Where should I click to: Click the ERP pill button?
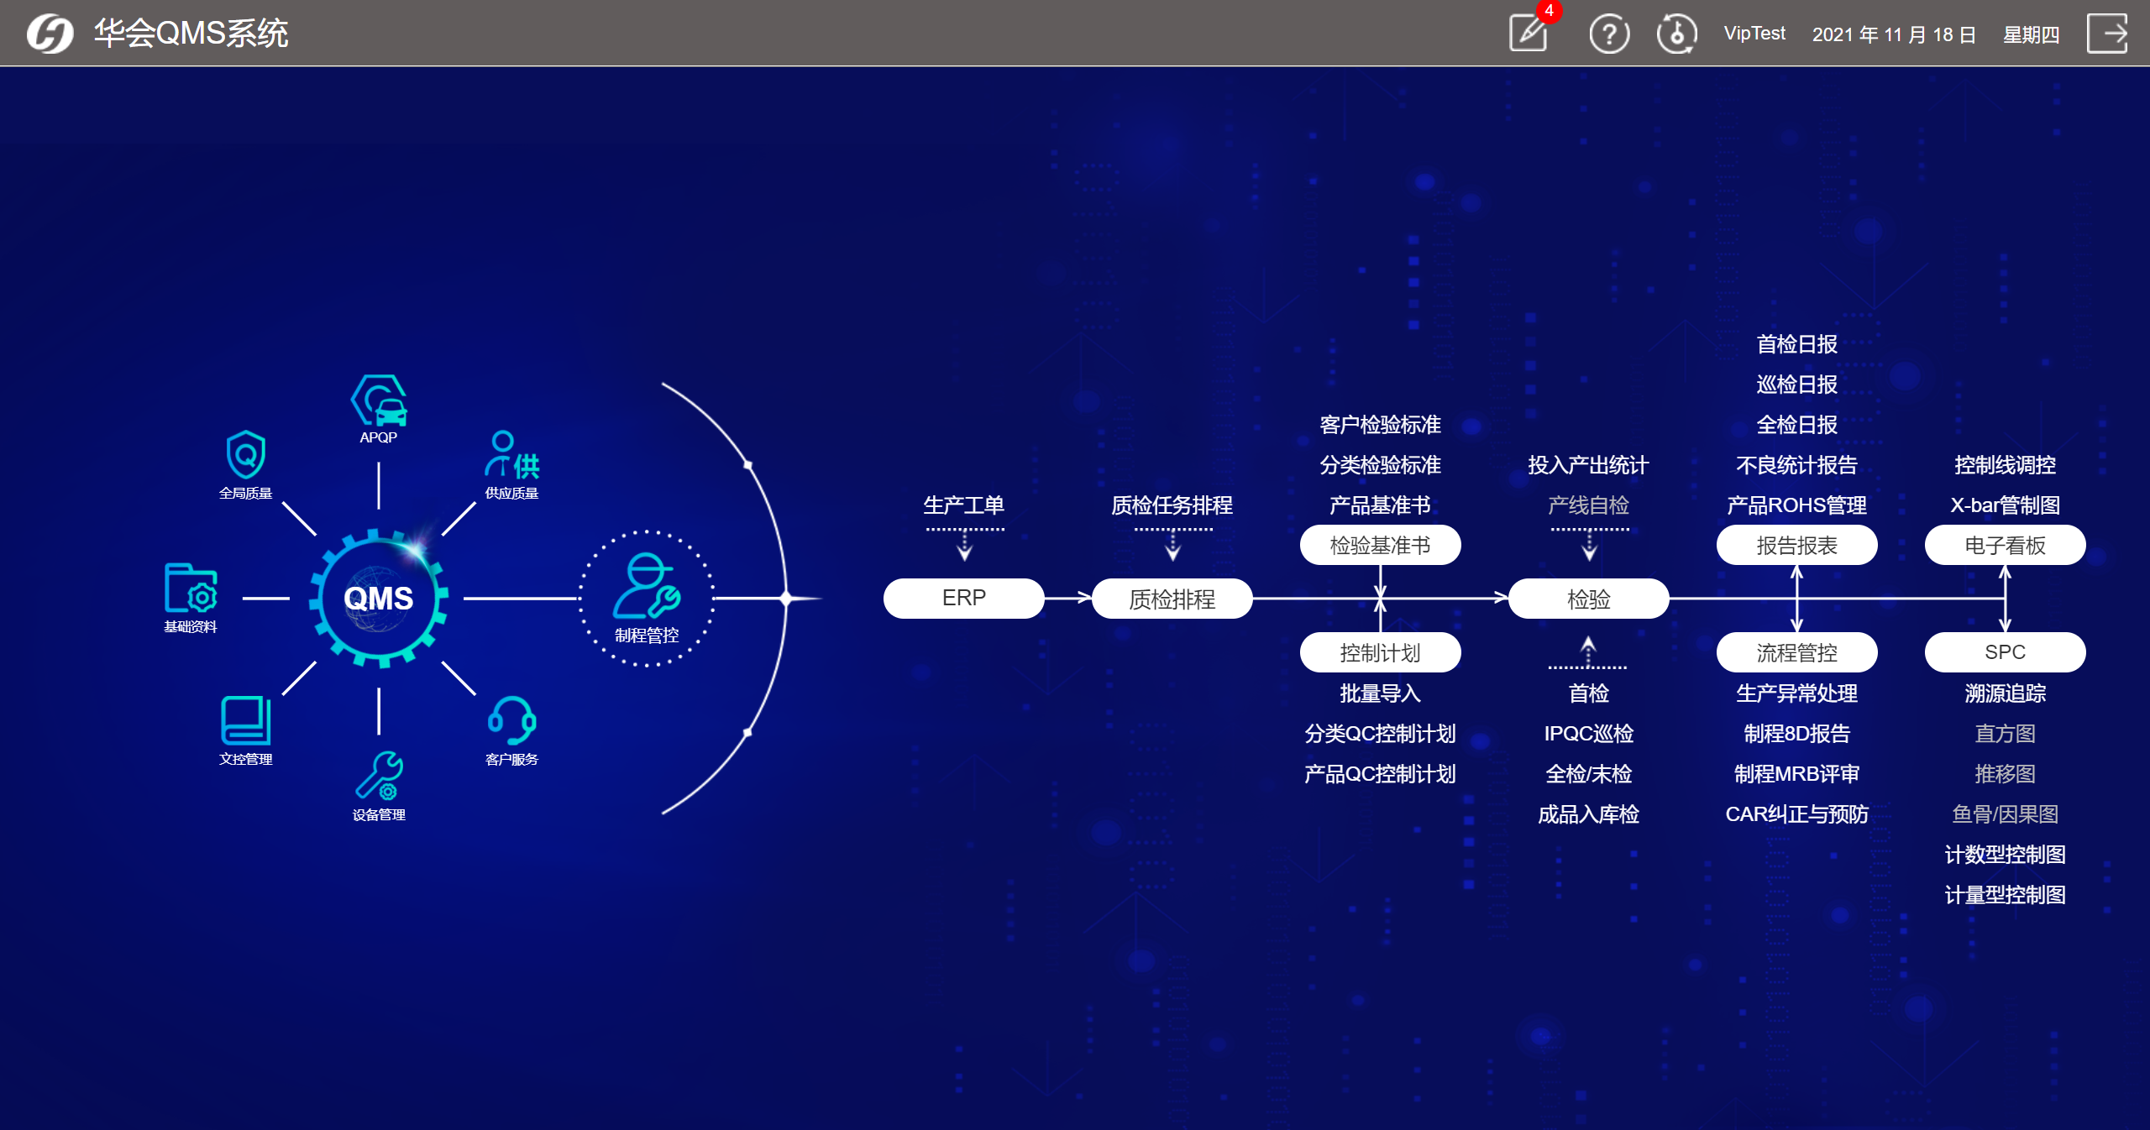point(963,599)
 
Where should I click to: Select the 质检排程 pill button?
point(1172,599)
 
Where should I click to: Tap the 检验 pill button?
point(1588,599)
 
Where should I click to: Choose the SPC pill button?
point(2005,652)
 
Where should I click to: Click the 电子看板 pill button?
point(2005,546)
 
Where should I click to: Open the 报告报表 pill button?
point(1796,546)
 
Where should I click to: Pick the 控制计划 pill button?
point(1380,652)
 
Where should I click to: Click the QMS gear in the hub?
point(379,599)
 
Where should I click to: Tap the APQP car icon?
point(380,401)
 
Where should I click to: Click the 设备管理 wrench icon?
point(379,776)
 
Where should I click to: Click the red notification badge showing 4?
point(1549,12)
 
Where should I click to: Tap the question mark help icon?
point(1609,34)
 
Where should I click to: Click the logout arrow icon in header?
point(2107,34)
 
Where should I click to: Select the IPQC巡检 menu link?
point(1588,734)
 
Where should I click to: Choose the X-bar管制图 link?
point(2005,505)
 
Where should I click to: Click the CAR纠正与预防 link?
point(1796,814)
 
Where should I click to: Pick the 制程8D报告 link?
point(1796,734)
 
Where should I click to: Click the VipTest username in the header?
point(1754,34)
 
